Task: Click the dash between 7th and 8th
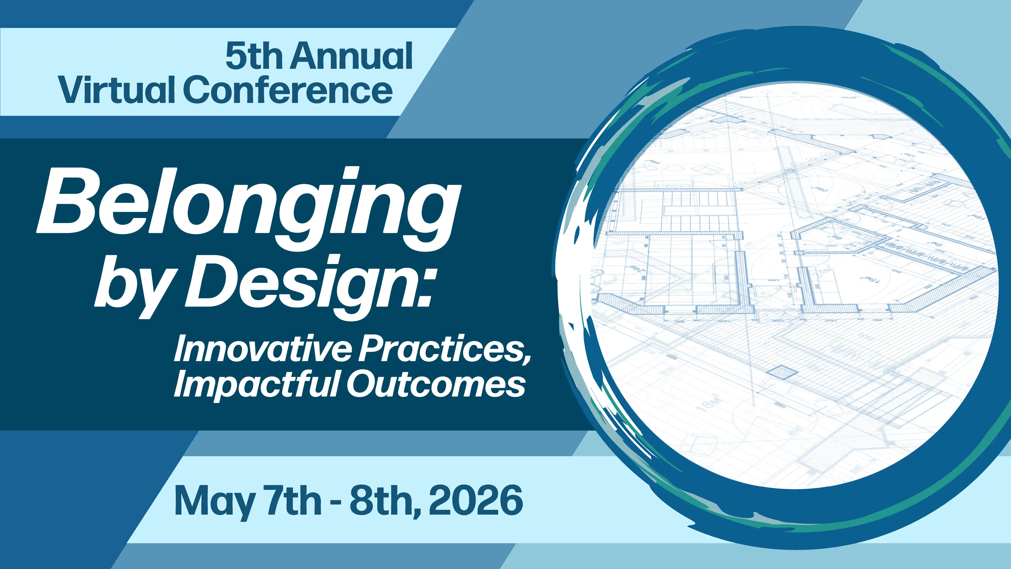[x=336, y=503]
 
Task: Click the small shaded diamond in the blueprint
[x=782, y=371]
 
